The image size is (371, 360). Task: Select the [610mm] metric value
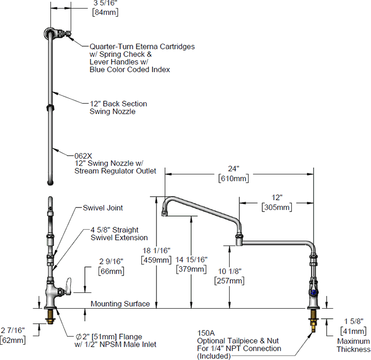click(x=233, y=179)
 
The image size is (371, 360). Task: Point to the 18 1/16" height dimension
click(x=156, y=250)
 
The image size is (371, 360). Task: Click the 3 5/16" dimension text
click(x=106, y=3)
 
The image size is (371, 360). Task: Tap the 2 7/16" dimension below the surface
click(x=13, y=331)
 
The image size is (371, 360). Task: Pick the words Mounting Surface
click(x=120, y=304)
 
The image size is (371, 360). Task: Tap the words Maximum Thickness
click(x=353, y=345)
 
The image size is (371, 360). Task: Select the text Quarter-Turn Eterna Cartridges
click(x=142, y=46)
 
